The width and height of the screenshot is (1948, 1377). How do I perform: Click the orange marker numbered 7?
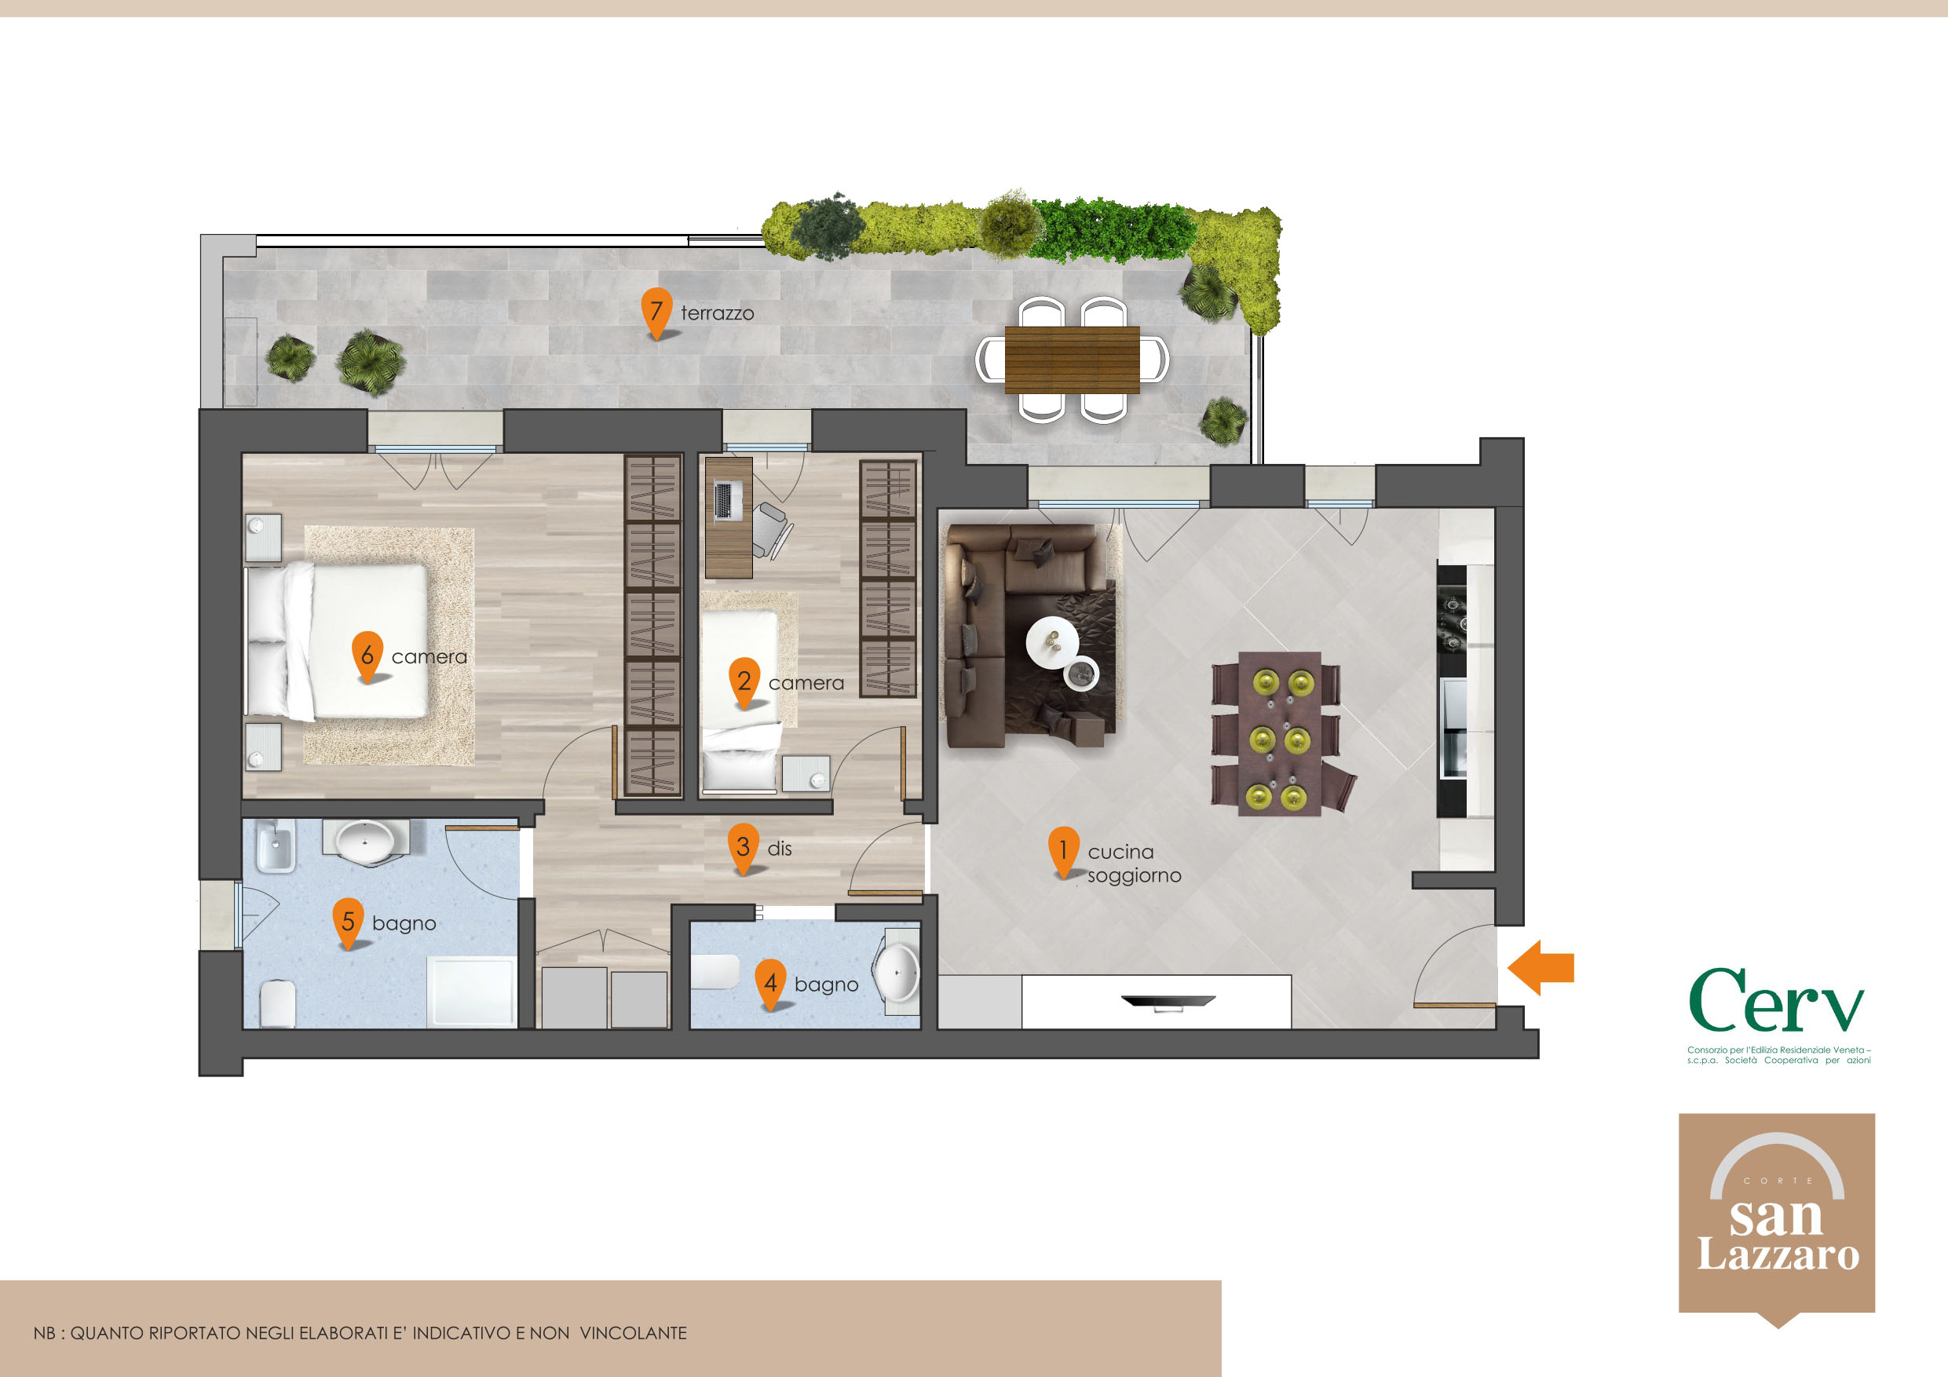[656, 312]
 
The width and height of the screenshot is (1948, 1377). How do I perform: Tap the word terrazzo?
[717, 313]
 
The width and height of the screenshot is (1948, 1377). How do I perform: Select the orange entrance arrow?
[1540, 967]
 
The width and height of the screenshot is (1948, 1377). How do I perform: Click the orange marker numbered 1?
[1063, 851]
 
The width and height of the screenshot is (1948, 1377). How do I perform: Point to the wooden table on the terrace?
[1072, 360]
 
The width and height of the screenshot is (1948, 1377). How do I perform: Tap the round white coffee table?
[1053, 642]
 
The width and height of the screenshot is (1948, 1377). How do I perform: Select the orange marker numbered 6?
[367, 656]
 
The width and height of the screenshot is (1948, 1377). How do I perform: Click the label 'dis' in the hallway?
[779, 849]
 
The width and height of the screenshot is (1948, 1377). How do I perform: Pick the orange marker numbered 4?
[770, 984]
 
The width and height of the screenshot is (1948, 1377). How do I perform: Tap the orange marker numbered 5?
[348, 922]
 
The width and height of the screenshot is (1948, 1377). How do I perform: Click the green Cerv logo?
[1777, 1000]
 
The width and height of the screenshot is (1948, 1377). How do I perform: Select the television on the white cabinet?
[1168, 1002]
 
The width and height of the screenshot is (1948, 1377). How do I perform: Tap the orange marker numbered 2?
[744, 682]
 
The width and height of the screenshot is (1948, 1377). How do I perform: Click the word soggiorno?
[1135, 875]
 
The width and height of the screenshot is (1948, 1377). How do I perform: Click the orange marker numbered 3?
[744, 848]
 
